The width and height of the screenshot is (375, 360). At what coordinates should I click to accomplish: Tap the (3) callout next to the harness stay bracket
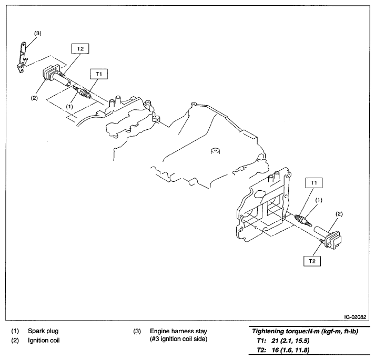click(37, 33)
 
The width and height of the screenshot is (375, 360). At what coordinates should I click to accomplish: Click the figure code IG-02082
click(355, 317)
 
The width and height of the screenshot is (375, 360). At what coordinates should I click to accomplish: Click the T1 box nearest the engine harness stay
click(99, 74)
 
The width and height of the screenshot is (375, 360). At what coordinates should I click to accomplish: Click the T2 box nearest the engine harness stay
click(80, 49)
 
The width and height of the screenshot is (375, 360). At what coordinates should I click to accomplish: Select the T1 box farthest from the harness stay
click(313, 183)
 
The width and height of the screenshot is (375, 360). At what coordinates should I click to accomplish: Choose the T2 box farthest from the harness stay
click(313, 261)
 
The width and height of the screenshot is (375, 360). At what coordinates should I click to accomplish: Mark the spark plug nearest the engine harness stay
click(83, 94)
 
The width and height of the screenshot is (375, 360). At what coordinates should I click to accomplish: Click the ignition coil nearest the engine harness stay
click(53, 76)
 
